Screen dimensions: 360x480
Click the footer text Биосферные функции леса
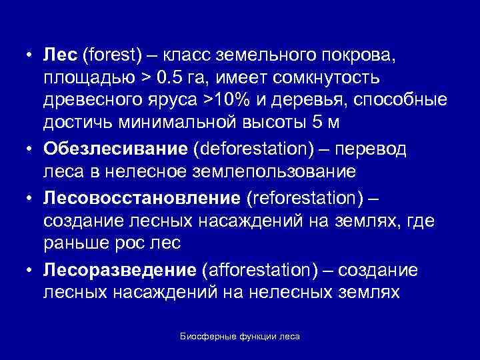[x=240, y=337]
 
